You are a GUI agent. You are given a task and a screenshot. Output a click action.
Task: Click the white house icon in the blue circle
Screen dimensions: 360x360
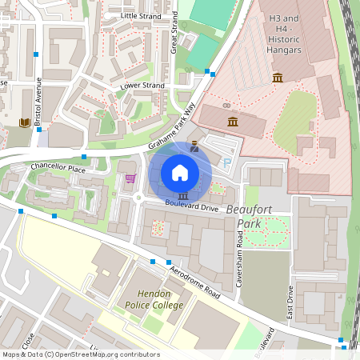coord(180,172)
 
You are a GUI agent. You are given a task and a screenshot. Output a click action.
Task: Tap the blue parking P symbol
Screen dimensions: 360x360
coord(226,163)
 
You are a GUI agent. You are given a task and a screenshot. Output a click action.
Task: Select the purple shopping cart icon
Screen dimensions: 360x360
coord(130,178)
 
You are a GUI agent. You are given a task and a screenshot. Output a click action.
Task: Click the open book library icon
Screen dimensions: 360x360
coord(25,122)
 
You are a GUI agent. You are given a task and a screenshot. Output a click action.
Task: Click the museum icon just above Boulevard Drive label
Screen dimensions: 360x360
coord(183,196)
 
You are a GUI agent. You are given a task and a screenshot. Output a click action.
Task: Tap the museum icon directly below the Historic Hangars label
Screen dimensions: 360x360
coord(277,78)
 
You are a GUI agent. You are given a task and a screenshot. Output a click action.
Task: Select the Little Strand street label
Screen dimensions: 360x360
coord(140,15)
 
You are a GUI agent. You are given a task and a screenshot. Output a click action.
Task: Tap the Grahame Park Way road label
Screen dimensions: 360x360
coord(172,129)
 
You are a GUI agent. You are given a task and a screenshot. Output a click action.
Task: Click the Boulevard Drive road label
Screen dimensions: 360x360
coord(192,207)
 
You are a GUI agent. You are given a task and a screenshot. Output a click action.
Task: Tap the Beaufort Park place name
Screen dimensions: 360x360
coord(254,217)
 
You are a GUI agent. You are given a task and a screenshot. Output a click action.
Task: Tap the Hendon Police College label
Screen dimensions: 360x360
coord(154,299)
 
